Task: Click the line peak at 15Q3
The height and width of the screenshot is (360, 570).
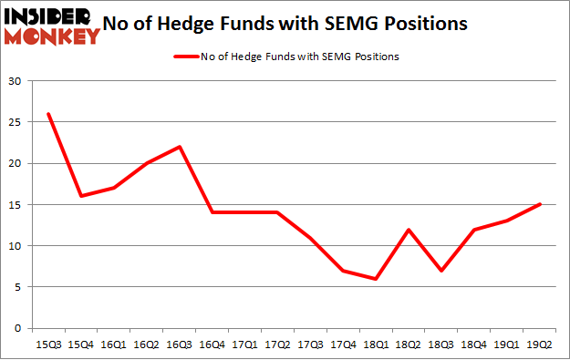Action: [47, 114]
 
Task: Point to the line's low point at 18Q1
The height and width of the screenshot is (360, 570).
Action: [376, 279]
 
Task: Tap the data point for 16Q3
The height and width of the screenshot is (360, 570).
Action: [180, 147]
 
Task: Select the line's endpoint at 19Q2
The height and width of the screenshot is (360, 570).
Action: [540, 204]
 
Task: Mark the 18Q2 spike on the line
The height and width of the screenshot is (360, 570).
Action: [409, 229]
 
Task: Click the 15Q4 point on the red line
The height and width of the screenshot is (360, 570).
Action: [80, 196]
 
